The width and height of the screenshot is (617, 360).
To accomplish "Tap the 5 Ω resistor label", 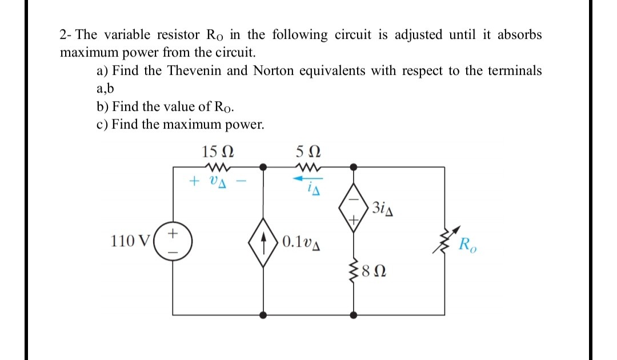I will tap(308, 153).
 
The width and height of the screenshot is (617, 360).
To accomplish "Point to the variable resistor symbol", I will tap(444, 241).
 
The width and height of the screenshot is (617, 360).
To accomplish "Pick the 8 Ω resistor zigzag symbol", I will tap(354, 266).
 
